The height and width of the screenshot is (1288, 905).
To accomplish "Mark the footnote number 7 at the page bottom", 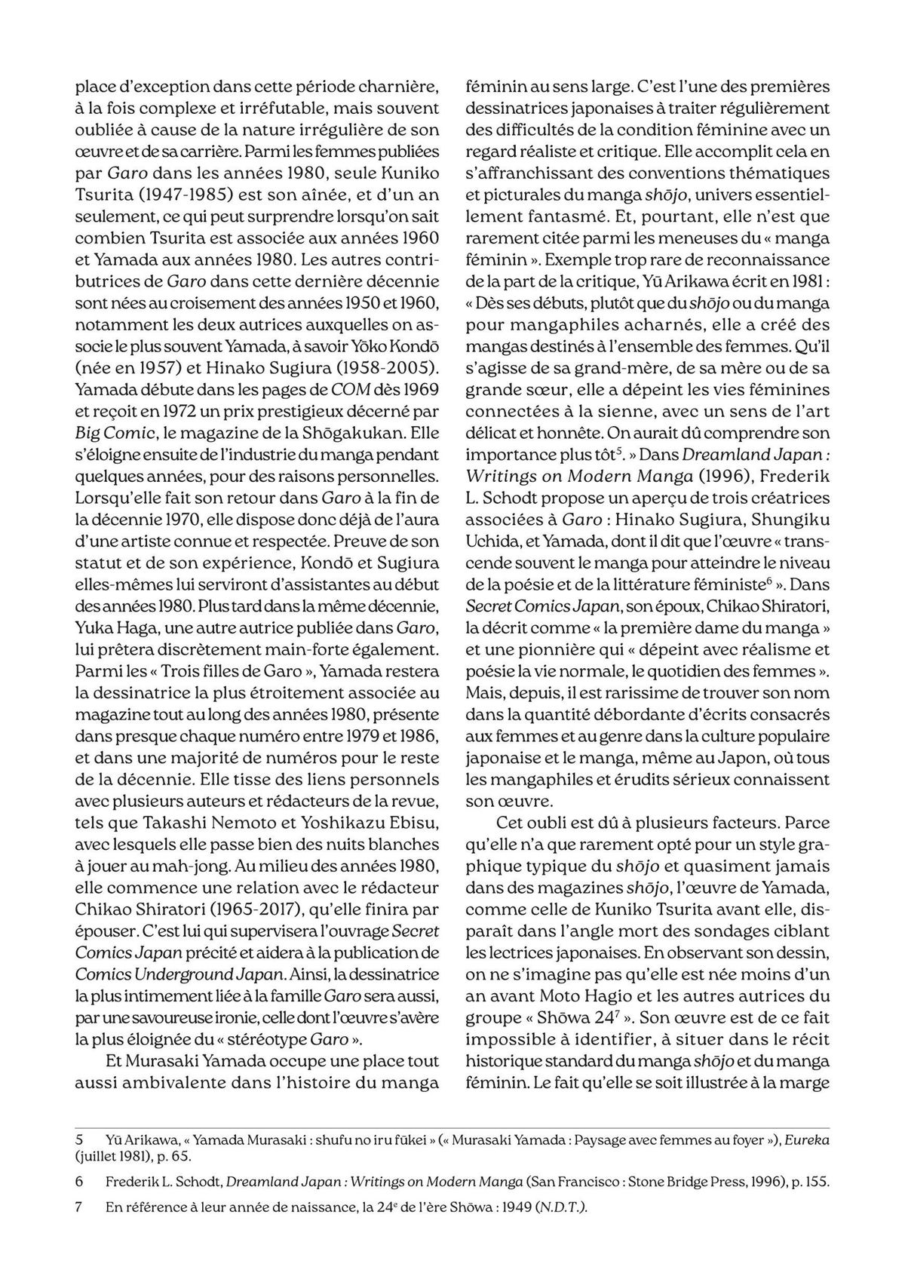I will tap(78, 1207).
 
